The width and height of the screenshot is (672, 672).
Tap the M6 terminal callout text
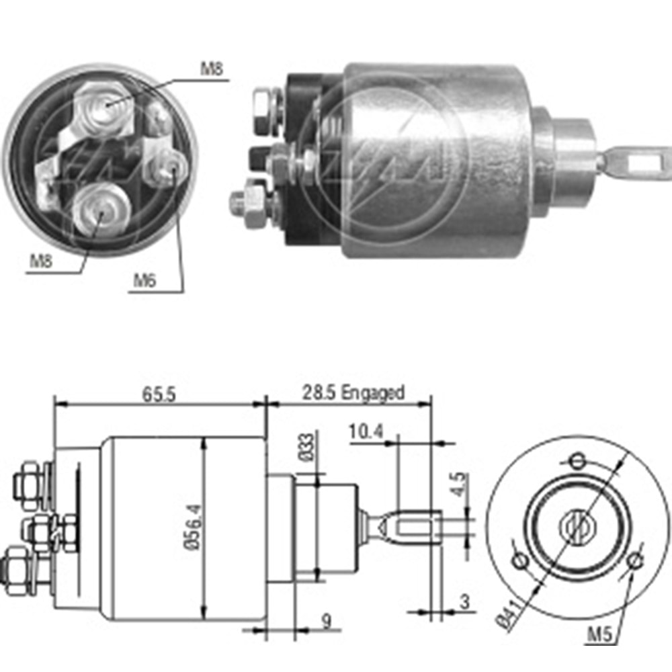[x=144, y=280]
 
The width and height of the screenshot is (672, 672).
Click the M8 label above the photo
[x=212, y=69]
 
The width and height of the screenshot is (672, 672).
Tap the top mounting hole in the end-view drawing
[x=577, y=461]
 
